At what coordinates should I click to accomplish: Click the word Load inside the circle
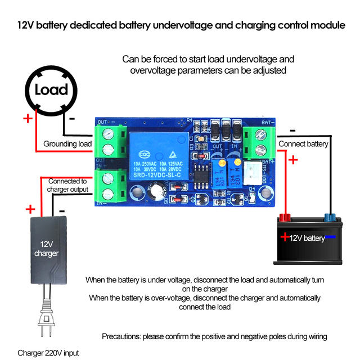51,89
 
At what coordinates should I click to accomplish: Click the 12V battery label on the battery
307,238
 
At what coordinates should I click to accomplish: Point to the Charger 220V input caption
48,353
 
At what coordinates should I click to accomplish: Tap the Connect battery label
303,144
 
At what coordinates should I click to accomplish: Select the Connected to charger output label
67,186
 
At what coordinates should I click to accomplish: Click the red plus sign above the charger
30,209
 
